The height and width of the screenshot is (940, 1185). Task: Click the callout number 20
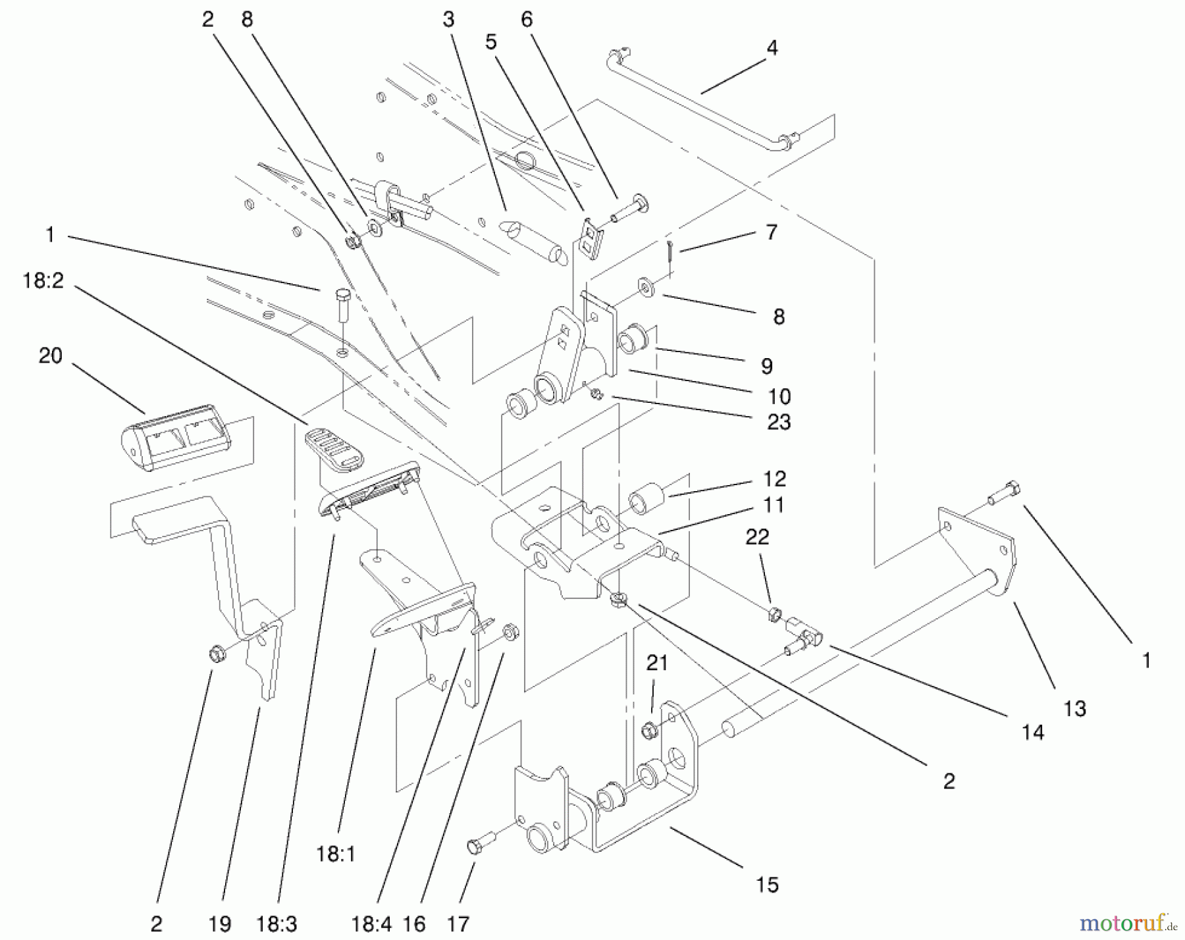pos(51,356)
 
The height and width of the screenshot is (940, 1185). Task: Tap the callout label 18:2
pos(43,280)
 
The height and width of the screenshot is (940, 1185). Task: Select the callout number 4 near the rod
pos(772,47)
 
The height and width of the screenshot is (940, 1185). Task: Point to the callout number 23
pos(779,422)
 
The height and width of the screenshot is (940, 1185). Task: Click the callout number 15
pos(767,885)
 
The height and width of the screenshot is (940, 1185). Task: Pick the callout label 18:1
pos(336,854)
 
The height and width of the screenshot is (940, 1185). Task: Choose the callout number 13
pos(1074,709)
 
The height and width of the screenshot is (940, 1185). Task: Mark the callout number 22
pos(757,537)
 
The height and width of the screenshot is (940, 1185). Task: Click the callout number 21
pos(657,664)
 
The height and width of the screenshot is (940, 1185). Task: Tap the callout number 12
pos(775,479)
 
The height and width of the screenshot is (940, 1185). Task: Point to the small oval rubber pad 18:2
pos(334,446)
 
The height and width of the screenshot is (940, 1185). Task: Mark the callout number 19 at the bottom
pos(220,924)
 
